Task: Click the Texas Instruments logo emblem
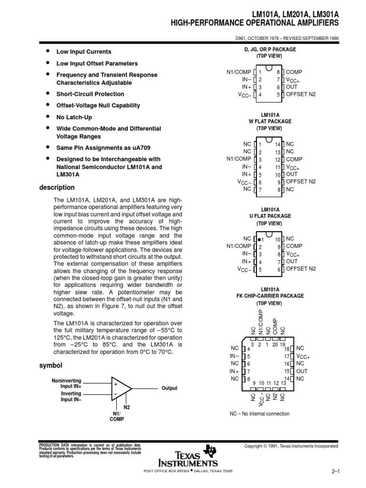pos(209,451)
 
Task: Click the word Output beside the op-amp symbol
pos(169,388)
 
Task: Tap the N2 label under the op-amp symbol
pos(127,407)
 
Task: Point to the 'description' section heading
pos(57,188)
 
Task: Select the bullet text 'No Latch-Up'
pos(74,117)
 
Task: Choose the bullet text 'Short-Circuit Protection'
pos(90,94)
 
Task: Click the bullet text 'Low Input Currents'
pos(84,51)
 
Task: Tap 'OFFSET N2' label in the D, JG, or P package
pos(301,94)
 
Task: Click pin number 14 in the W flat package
pos(277,143)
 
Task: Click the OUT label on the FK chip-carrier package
pos(302,371)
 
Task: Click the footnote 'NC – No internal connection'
pos(260,414)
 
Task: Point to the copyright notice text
pos(291,446)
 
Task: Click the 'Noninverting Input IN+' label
pos(66,384)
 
